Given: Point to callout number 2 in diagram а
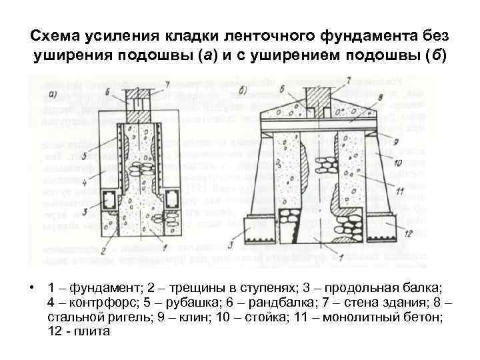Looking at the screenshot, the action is [103, 249].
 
